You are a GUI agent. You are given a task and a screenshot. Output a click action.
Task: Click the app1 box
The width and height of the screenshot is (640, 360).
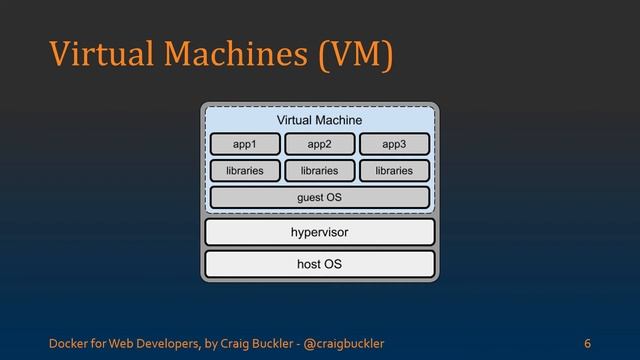coord(245,145)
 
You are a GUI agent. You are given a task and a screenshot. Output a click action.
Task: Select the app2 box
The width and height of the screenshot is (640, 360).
coord(319,145)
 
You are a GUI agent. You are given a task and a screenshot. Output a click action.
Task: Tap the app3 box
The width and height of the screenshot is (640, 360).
coord(394,145)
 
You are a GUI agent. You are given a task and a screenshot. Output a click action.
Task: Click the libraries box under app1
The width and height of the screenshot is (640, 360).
coord(245,171)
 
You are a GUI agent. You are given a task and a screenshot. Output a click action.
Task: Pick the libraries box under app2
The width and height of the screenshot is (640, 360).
coord(319,171)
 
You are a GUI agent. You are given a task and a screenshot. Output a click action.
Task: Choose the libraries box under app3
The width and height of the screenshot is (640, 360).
coord(394,171)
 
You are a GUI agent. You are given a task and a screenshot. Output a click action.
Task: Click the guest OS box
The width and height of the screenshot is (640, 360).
coord(319,198)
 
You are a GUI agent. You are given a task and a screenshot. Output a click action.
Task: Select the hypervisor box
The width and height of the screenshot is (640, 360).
coord(319,233)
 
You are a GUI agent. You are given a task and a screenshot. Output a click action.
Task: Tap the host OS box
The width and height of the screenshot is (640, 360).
coord(319,264)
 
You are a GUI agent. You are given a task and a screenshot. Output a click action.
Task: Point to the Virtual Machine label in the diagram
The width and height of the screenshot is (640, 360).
coord(319,121)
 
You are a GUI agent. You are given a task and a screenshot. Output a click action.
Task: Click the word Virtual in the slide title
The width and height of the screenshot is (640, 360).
coord(96,55)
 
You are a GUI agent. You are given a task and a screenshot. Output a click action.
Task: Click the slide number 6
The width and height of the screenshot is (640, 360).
coord(588,344)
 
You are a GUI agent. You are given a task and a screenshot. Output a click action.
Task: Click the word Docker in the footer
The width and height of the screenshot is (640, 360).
coord(68,344)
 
